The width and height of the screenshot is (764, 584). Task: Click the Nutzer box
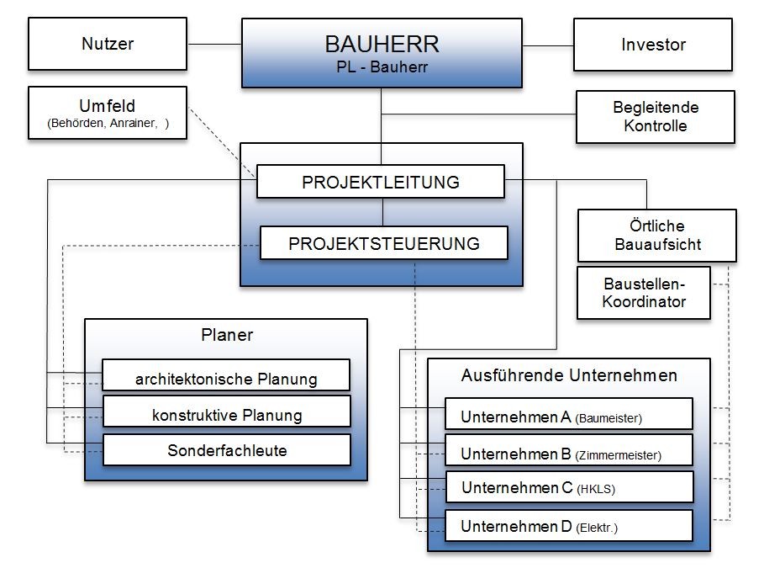pyautogui.click(x=108, y=45)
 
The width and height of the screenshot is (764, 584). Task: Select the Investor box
pyautogui.click(x=653, y=45)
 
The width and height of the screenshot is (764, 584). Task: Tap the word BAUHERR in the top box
pyautogui.click(x=382, y=43)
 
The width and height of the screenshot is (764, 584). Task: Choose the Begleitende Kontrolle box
pyautogui.click(x=656, y=117)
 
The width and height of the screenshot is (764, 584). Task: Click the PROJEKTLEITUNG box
pyautogui.click(x=380, y=182)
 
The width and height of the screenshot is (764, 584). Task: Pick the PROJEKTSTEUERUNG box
pyautogui.click(x=384, y=243)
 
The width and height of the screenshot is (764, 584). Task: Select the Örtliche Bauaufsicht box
pyautogui.click(x=656, y=236)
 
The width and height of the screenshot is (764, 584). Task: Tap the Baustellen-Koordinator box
pyautogui.click(x=644, y=293)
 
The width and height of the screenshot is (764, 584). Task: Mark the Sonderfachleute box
pyautogui.click(x=226, y=449)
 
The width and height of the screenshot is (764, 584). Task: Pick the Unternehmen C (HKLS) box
pyautogui.click(x=568, y=487)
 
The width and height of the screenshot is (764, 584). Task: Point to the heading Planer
pyautogui.click(x=227, y=335)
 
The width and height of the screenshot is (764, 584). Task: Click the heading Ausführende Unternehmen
pyautogui.click(x=569, y=375)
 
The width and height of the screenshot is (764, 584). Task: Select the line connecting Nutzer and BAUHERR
pyautogui.click(x=214, y=44)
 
